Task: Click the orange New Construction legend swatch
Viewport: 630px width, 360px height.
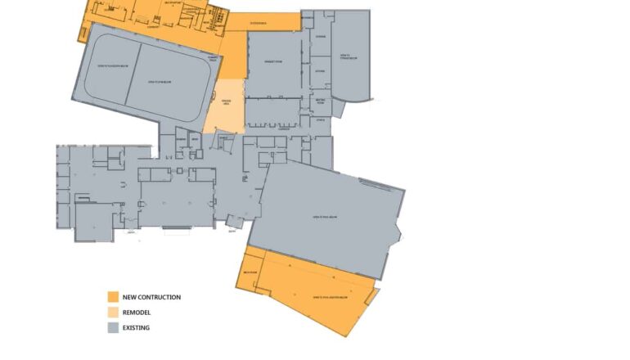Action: tap(113, 297)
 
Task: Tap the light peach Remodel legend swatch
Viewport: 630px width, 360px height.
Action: tap(113, 313)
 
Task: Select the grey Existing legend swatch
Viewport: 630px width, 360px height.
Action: tap(113, 328)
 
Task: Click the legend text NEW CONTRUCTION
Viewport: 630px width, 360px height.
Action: tap(151, 297)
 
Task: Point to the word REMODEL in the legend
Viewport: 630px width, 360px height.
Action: tap(137, 313)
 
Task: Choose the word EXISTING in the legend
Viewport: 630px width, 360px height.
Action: tap(136, 328)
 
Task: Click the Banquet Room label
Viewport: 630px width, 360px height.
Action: tap(273, 62)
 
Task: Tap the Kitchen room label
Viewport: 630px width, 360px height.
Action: tap(320, 71)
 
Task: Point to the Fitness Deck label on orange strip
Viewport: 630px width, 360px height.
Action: tap(259, 23)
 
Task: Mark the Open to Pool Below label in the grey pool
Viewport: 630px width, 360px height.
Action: tap(326, 217)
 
